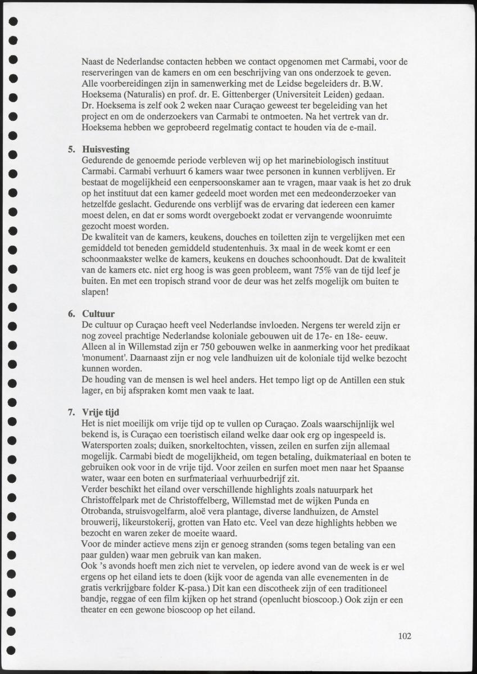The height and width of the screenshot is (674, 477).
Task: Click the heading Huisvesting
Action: click(106, 150)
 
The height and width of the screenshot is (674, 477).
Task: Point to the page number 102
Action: click(405, 636)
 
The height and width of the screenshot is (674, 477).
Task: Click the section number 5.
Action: click(71, 150)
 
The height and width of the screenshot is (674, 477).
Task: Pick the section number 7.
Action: click(71, 412)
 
